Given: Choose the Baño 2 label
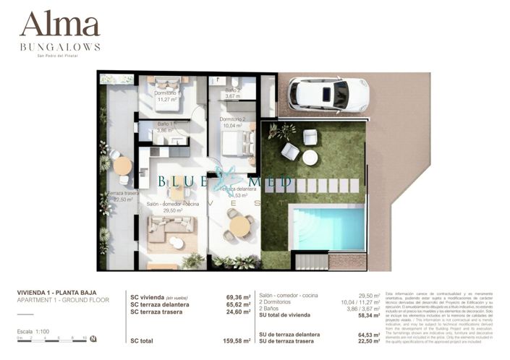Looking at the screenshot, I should point(232,91).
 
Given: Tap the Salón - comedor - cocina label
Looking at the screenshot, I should point(172,205).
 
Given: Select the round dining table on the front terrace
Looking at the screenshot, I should point(238,226).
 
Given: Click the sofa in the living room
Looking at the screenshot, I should point(171,229).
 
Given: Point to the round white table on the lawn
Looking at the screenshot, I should point(310,157).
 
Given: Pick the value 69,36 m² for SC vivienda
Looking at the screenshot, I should point(238,297).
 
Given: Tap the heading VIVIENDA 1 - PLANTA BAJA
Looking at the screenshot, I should point(58,293).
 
